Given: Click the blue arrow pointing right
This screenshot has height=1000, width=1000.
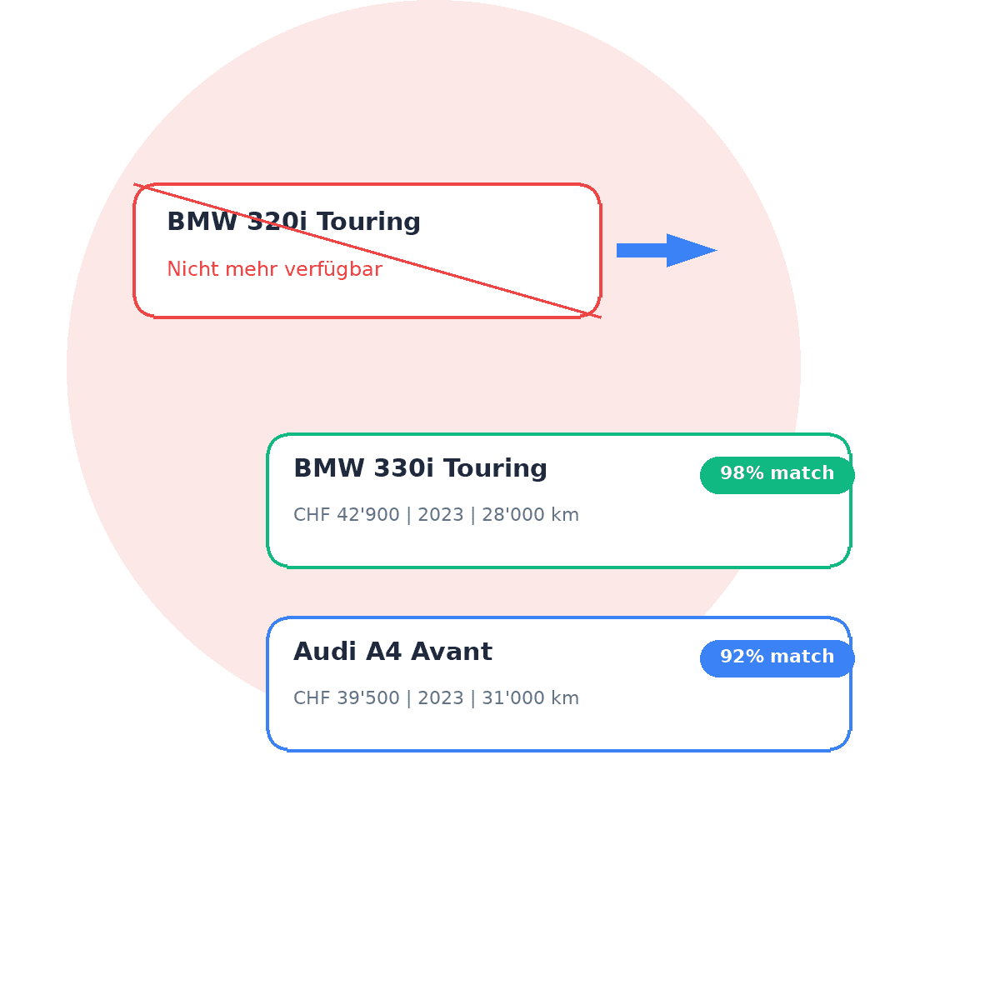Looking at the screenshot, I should pos(667,250).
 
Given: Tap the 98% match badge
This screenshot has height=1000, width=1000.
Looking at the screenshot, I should pos(777,474).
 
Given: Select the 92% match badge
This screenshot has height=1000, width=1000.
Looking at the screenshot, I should pos(777,657).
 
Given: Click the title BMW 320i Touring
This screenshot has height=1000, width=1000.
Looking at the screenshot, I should pos(293,222).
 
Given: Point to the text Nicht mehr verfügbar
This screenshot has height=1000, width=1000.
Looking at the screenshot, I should pos(274,270).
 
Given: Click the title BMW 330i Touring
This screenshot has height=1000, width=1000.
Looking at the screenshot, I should pos(420,468).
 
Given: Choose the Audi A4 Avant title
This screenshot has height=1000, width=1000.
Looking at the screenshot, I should pos(392,652).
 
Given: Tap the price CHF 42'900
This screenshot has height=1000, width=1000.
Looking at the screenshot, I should pos(347,515).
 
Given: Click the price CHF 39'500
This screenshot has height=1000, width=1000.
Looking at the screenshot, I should pos(347,698).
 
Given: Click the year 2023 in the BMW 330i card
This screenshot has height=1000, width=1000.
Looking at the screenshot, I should pos(441,515).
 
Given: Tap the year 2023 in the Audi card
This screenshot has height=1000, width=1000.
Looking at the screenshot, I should pos(441,698).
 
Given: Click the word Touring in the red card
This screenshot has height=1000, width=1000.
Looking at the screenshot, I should pos(368,222).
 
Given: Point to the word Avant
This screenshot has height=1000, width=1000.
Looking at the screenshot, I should pos(457,652).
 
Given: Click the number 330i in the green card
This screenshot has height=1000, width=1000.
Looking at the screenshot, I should pos(403,468).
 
